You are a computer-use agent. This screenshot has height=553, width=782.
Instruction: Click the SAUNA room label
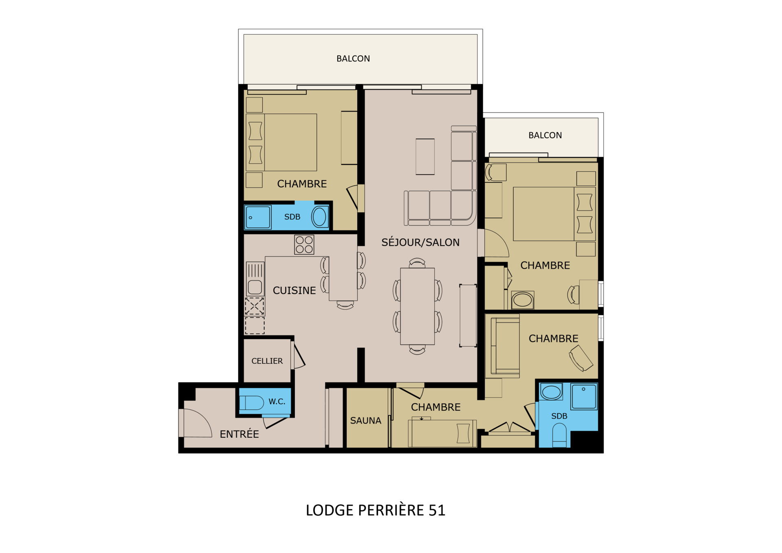pyautogui.click(x=366, y=421)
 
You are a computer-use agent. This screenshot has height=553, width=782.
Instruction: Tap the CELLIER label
pyautogui.click(x=267, y=361)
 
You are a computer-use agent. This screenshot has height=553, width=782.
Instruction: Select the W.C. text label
pyautogui.click(x=277, y=402)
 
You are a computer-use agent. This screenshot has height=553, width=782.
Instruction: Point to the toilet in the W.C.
pyautogui.click(x=252, y=403)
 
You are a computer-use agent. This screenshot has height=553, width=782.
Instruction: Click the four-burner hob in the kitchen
pyautogui.click(x=304, y=245)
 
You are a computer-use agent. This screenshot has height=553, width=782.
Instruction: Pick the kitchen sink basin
pyautogui.click(x=255, y=287)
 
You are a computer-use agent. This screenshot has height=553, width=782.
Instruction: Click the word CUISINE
pyautogui.click(x=294, y=290)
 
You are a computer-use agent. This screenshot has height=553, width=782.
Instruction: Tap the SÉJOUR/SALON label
pyautogui.click(x=420, y=242)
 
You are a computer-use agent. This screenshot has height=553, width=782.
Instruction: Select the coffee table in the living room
pyautogui.click(x=425, y=157)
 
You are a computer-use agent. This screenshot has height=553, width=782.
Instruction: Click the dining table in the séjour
pyautogui.click(x=417, y=306)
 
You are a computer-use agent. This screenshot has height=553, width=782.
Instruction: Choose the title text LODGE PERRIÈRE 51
pyautogui.click(x=376, y=510)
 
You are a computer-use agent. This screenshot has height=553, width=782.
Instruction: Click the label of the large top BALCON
pyautogui.click(x=353, y=59)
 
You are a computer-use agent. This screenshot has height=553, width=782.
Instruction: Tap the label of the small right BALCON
pyautogui.click(x=545, y=135)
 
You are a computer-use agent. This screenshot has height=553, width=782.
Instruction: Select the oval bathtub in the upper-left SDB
pyautogui.click(x=320, y=217)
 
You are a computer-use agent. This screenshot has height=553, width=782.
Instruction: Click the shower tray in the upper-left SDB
pyautogui.click(x=258, y=217)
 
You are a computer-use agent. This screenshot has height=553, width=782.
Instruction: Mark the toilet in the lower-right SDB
pyautogui.click(x=560, y=435)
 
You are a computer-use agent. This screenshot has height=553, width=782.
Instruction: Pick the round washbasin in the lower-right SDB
pyautogui.click(x=551, y=392)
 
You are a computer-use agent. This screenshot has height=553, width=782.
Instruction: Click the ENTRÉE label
pyautogui.click(x=239, y=434)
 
